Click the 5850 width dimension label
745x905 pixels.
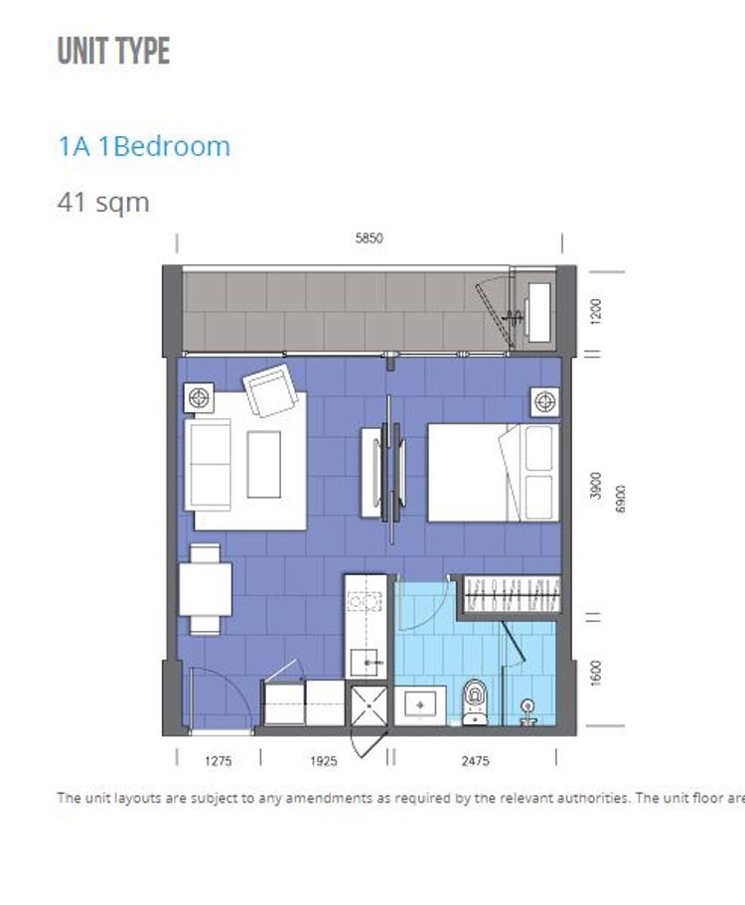coord(369,237)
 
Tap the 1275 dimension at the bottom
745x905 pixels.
coord(219,761)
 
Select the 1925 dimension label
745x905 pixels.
coord(323,761)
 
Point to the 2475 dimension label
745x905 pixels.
coord(475,761)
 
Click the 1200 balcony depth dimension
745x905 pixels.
coord(596,311)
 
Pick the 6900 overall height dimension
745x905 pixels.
coord(620,499)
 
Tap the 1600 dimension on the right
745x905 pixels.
coord(596,673)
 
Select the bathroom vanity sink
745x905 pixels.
coord(420,705)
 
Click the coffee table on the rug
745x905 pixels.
coord(264,464)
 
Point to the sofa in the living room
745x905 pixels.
coord(208,464)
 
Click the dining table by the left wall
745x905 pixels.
coord(205,589)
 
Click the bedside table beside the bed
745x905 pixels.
coord(545,401)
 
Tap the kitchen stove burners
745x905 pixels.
coord(366,602)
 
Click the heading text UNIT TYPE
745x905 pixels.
coord(113,51)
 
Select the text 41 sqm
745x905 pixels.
coord(103,203)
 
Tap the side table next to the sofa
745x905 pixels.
coord(199,397)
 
